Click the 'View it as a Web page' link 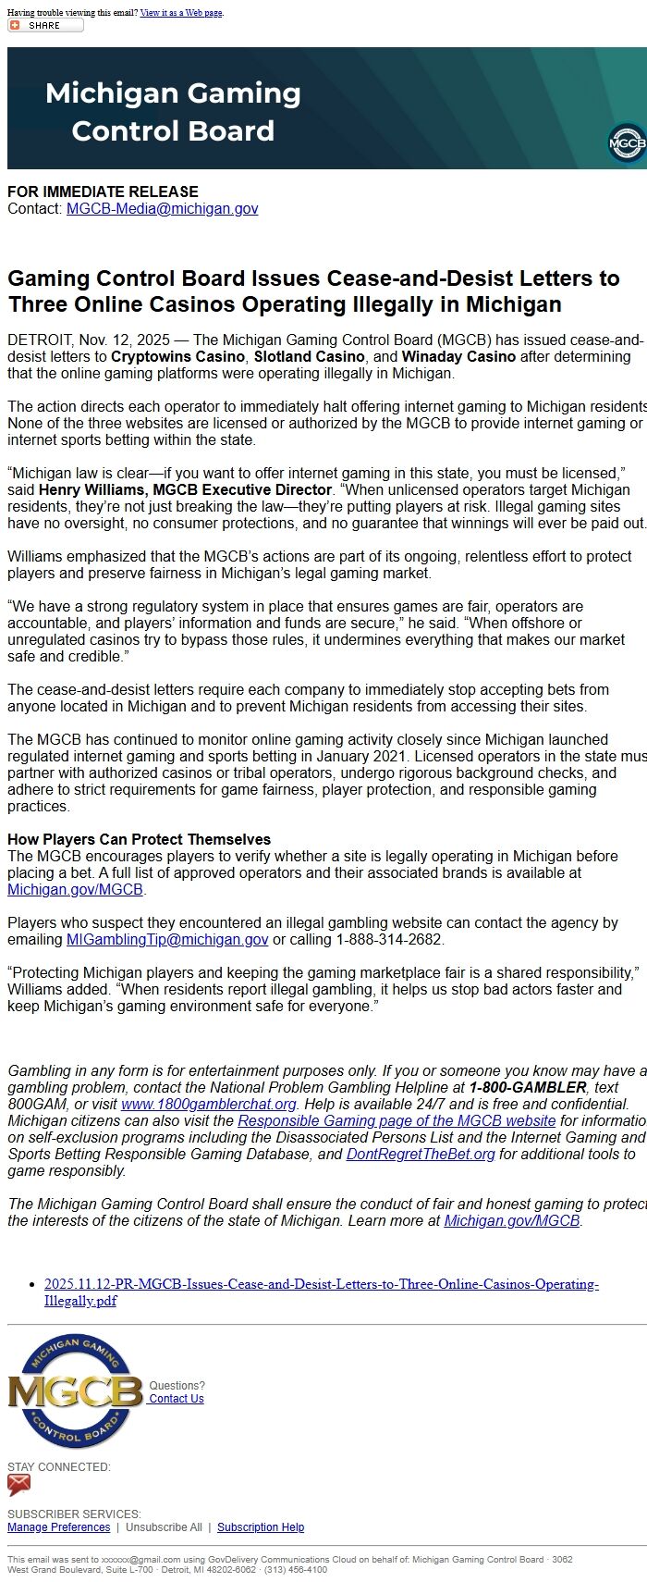pos(181,13)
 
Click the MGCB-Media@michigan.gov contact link pos(162,209)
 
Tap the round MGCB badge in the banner pos(628,143)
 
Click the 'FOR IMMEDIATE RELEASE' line pos(103,192)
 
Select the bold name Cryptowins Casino pos(178,357)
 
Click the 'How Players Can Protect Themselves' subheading pos(139,840)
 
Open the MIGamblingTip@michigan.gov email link pos(167,940)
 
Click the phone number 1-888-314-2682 pos(389,940)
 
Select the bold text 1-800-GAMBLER pos(527,1088)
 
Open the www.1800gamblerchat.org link pos(209,1105)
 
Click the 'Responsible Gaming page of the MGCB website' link pos(397,1121)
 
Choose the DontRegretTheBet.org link pos(421,1155)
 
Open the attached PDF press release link pos(321,1292)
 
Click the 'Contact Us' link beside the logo pos(177,1399)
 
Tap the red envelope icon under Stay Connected pos(18,1485)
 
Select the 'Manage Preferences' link pos(58,1527)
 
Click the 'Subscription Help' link pos(261,1527)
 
